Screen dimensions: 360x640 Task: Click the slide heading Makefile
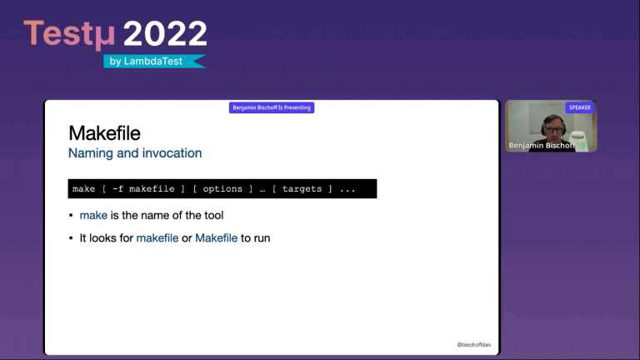point(104,133)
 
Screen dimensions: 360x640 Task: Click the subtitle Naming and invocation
point(134,153)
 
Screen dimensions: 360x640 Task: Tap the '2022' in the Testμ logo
point(165,34)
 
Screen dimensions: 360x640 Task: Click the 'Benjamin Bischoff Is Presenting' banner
point(272,107)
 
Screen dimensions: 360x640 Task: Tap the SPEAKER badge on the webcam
point(580,107)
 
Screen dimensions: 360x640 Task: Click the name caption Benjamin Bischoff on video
point(542,145)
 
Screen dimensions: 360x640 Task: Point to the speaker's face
point(552,126)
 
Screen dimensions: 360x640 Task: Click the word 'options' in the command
point(222,189)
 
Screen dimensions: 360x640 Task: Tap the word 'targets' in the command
point(301,189)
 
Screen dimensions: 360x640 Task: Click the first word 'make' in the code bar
point(83,189)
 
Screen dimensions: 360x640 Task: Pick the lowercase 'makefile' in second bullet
point(157,237)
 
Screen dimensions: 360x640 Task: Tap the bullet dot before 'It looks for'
point(71,238)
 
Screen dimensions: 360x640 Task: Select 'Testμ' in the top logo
point(71,34)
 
